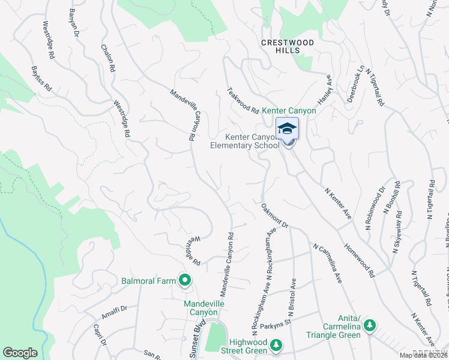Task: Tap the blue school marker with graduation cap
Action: (287, 128)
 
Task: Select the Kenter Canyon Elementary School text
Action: (244, 141)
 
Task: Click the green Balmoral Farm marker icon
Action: (185, 280)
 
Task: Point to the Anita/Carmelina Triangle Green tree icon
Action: (370, 326)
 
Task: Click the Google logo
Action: (20, 353)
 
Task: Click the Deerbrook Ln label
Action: (356, 84)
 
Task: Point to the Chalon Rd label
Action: (107, 58)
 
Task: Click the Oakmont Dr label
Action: (276, 215)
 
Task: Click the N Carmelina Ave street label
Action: (327, 263)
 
